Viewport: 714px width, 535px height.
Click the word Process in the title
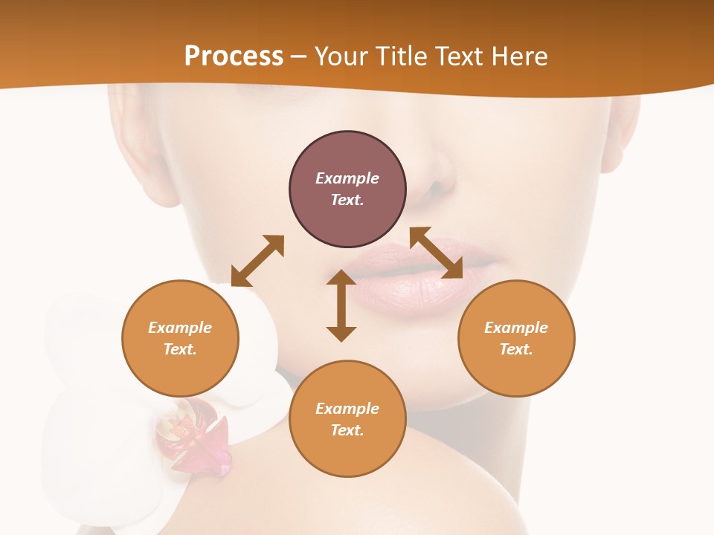pos(234,56)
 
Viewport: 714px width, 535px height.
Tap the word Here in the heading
pos(518,56)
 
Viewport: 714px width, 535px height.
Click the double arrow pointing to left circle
pos(257,261)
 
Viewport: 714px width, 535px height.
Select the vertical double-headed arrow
pos(341,305)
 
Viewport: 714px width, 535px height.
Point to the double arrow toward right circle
pos(437,253)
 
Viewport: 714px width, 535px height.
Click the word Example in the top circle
pos(347,178)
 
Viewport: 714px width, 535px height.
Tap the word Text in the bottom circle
pos(347,430)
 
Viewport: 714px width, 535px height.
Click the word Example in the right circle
pos(516,328)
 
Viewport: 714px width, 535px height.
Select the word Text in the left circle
pos(180,349)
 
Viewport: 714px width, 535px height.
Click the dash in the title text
pos(298,57)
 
